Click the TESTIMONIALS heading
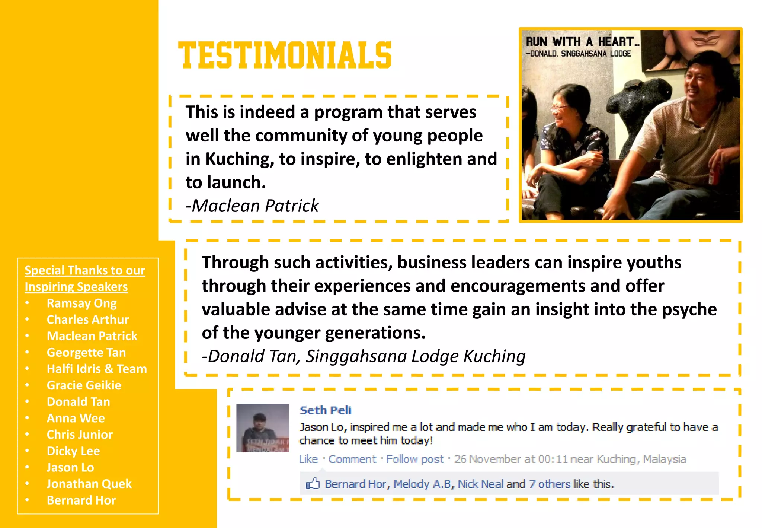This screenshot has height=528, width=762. (285, 55)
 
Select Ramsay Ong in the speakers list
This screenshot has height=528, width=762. (81, 303)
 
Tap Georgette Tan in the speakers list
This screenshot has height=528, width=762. (86, 353)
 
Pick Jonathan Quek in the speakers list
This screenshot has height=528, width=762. (89, 484)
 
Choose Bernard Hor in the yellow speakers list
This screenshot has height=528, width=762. (81, 500)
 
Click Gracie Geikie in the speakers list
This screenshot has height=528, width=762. (84, 385)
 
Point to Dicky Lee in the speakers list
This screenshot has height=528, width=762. (73, 451)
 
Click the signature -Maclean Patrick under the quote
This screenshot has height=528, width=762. (252, 206)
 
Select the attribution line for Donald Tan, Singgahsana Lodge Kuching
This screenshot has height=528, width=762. (364, 356)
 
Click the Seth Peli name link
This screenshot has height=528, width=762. (326, 410)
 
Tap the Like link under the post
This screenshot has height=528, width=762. (308, 459)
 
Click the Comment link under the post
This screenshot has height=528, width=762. (352, 459)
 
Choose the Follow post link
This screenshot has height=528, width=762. (415, 459)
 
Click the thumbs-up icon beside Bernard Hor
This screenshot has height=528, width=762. (313, 484)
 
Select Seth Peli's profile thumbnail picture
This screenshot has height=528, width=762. (263, 428)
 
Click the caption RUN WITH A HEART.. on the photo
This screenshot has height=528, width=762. (582, 41)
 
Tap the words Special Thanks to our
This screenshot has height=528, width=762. (84, 270)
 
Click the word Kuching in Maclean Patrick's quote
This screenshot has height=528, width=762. (240, 159)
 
